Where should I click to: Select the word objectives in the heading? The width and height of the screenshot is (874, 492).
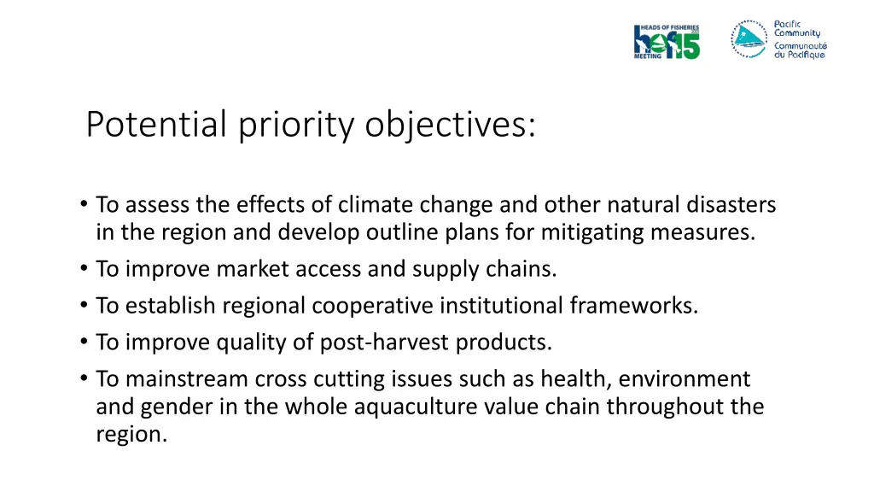coord(452,125)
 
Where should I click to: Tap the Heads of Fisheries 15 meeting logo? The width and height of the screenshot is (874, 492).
coord(667,41)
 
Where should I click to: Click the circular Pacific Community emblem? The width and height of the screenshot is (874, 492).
coord(749,38)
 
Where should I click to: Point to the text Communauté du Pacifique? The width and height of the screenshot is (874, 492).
coord(800,50)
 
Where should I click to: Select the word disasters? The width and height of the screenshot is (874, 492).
coord(733,205)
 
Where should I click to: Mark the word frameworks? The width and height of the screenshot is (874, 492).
coord(643,306)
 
